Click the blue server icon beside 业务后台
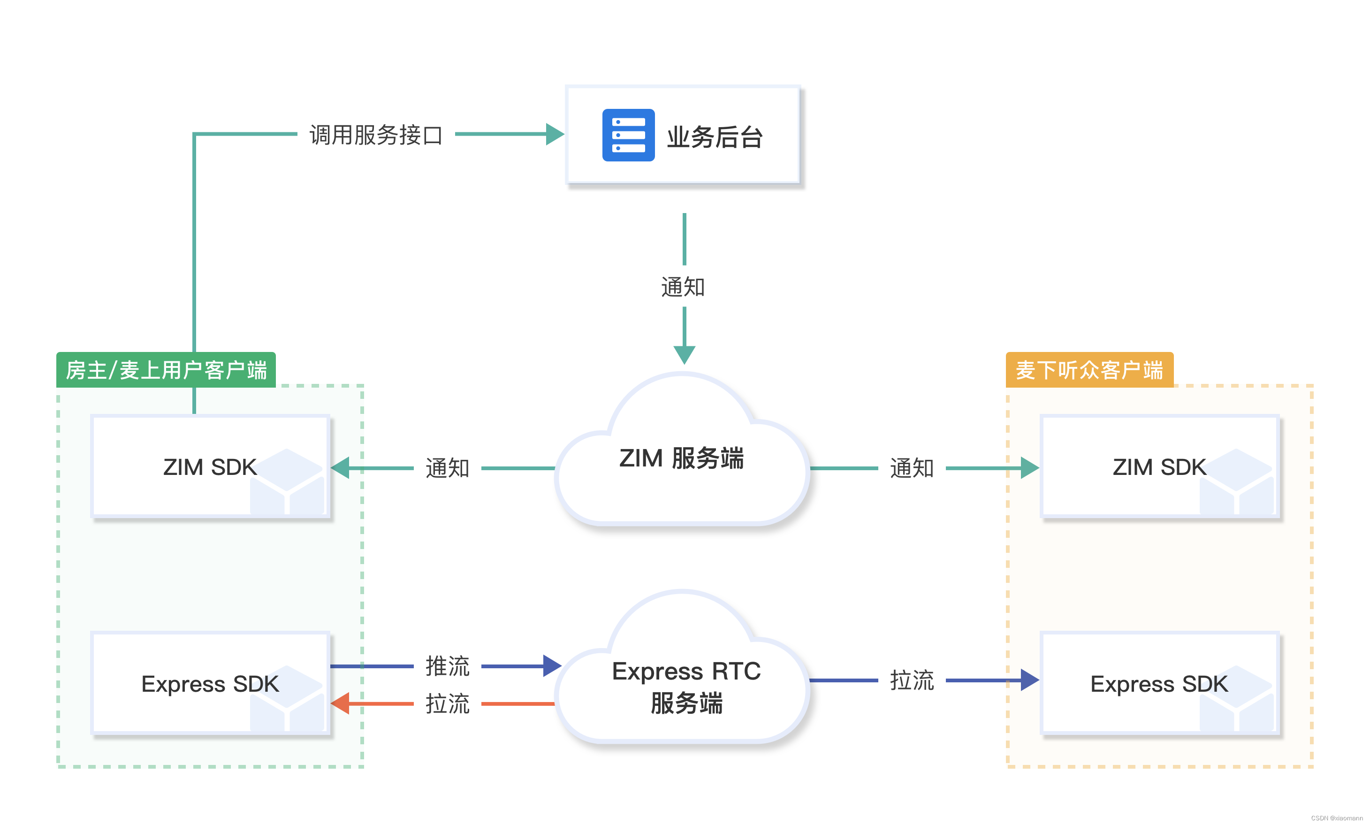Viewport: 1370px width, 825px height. (x=628, y=135)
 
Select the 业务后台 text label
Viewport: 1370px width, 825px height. (x=715, y=137)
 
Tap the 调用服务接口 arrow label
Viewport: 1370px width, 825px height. (x=376, y=135)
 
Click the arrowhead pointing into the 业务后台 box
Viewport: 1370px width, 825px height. (x=555, y=134)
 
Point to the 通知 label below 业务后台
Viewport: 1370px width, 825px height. (x=683, y=287)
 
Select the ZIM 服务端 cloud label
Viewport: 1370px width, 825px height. (x=681, y=458)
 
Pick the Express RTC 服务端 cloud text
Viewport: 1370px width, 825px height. (x=686, y=687)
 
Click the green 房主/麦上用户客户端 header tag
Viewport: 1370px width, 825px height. (x=166, y=370)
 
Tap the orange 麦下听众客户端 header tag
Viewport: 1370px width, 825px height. (x=1089, y=370)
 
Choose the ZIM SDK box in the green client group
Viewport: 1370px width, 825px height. (x=210, y=467)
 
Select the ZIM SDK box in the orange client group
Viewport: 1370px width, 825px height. (x=1159, y=467)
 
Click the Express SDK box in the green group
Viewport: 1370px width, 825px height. (x=210, y=683)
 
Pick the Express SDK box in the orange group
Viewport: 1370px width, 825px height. (x=1159, y=683)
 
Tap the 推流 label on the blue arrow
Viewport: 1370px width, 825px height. (x=448, y=665)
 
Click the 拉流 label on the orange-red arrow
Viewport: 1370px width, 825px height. (x=448, y=703)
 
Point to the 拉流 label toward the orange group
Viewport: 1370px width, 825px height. (x=912, y=680)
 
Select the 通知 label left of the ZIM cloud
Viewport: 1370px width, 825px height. (x=448, y=468)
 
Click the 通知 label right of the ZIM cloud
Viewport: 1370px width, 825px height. (x=912, y=468)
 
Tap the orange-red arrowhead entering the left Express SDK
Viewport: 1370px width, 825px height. (x=340, y=703)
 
